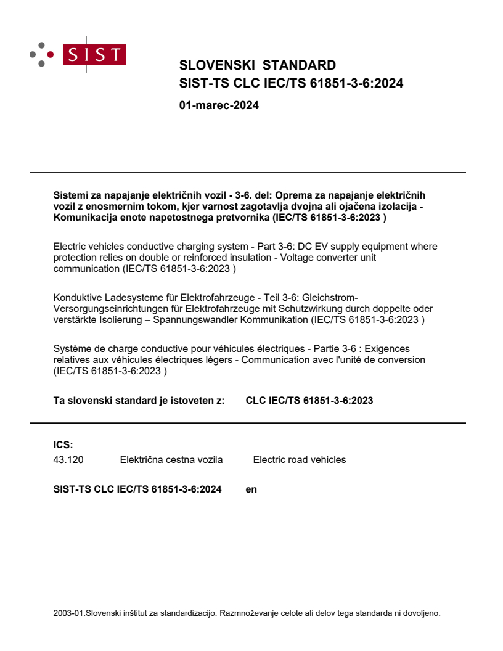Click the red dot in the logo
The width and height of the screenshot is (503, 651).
50,54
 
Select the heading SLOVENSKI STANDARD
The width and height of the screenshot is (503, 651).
257,65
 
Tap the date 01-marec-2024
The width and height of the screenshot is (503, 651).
218,105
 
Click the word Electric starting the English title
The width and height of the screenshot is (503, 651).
70,247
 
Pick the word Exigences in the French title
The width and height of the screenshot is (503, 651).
389,349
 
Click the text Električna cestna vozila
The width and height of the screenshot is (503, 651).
171,459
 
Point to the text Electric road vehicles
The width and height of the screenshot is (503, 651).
300,459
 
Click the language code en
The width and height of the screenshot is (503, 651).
251,489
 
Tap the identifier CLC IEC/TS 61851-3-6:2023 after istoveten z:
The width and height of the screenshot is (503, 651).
309,400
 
